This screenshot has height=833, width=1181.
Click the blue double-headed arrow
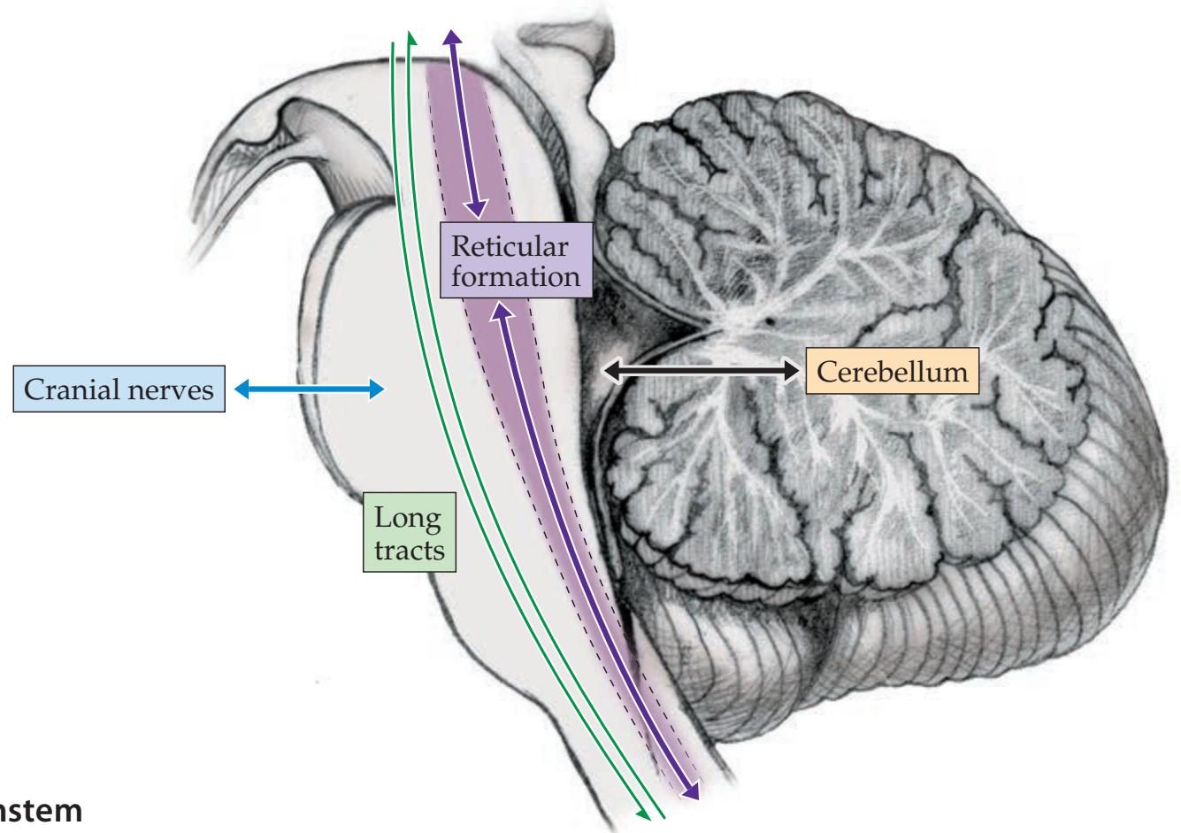coord(310,389)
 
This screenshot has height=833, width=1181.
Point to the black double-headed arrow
coord(700,373)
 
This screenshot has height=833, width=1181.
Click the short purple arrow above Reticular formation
coord(464,124)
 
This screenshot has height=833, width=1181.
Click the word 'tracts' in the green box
coord(408,551)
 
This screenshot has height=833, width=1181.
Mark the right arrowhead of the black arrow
coord(791,373)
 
